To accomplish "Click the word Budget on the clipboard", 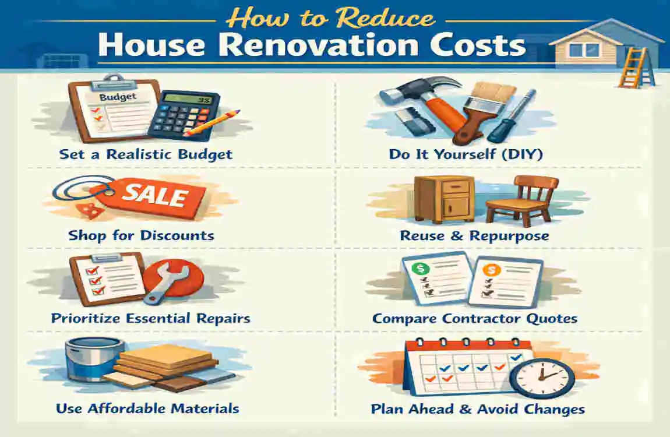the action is point(118,97).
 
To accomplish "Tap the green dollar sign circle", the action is point(421,269).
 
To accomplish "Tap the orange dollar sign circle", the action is point(491,270).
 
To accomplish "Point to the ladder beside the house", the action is point(636,68).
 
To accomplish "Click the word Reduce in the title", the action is point(385,19).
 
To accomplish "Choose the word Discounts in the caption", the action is point(177,235).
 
